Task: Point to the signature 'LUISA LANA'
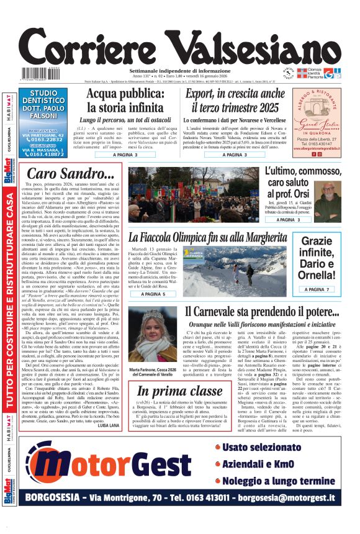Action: click(x=109, y=442)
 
